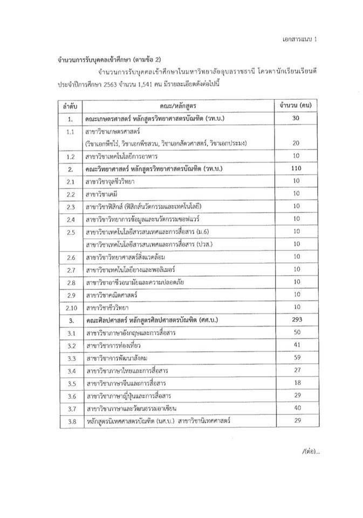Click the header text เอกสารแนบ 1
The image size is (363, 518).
(x=301, y=40)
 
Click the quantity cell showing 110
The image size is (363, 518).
(x=295, y=169)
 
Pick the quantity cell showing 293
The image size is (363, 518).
(x=295, y=320)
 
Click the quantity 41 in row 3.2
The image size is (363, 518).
(x=295, y=345)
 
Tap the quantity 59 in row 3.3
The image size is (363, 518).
(x=295, y=358)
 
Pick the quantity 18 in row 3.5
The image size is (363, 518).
(x=295, y=383)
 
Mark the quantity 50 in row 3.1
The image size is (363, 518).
(x=295, y=333)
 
